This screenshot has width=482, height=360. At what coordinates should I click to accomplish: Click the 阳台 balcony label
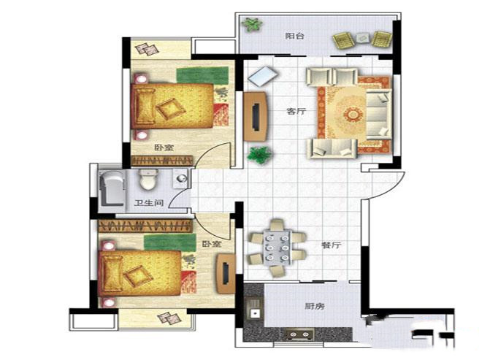click(294, 36)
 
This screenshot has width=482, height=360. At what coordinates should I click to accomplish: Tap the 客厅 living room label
click(297, 111)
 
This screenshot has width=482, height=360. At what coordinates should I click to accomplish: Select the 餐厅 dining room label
click(331, 245)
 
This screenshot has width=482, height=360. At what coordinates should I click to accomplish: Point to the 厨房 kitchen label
click(315, 306)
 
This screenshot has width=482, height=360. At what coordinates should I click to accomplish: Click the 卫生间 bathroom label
click(149, 203)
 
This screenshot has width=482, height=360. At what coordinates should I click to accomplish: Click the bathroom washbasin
click(182, 179)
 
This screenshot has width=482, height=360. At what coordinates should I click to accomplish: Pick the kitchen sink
click(254, 310)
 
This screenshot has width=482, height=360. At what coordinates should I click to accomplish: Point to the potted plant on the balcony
click(252, 24)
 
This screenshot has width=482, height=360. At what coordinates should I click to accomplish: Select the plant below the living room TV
click(259, 155)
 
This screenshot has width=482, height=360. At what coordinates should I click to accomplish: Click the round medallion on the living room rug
click(353, 115)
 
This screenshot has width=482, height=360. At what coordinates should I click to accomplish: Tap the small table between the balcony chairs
click(363, 38)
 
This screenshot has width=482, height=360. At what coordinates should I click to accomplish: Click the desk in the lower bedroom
click(226, 273)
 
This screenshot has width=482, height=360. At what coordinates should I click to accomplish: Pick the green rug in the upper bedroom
click(202, 75)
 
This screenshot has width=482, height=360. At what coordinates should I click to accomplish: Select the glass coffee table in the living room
click(263, 76)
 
